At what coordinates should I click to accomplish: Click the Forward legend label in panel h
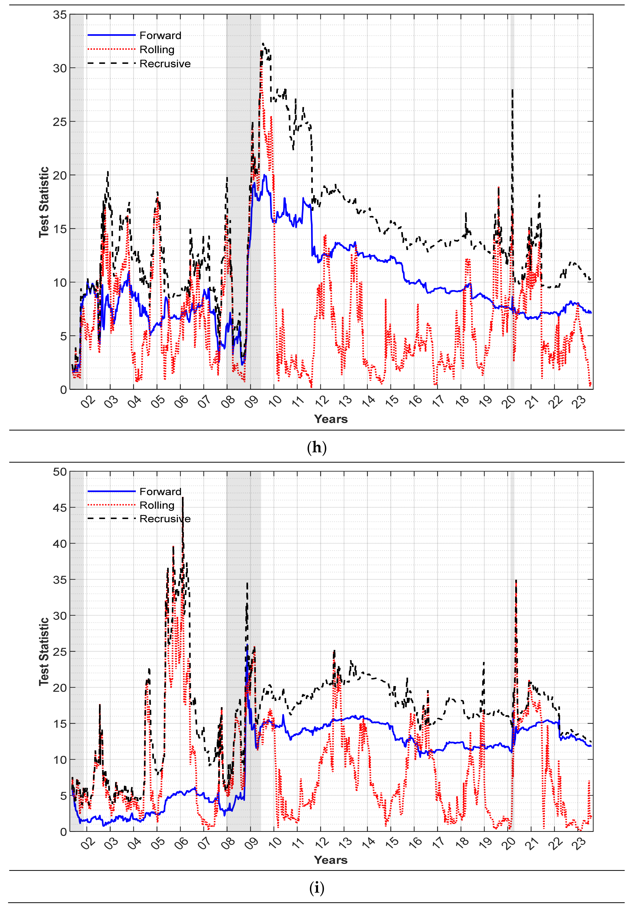(160, 36)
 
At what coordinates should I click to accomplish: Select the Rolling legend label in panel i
(157, 505)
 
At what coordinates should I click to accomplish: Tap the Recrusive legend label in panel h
(165, 64)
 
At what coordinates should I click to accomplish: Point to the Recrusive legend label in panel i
(165, 519)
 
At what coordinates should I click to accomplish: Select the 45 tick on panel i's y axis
(60, 508)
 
